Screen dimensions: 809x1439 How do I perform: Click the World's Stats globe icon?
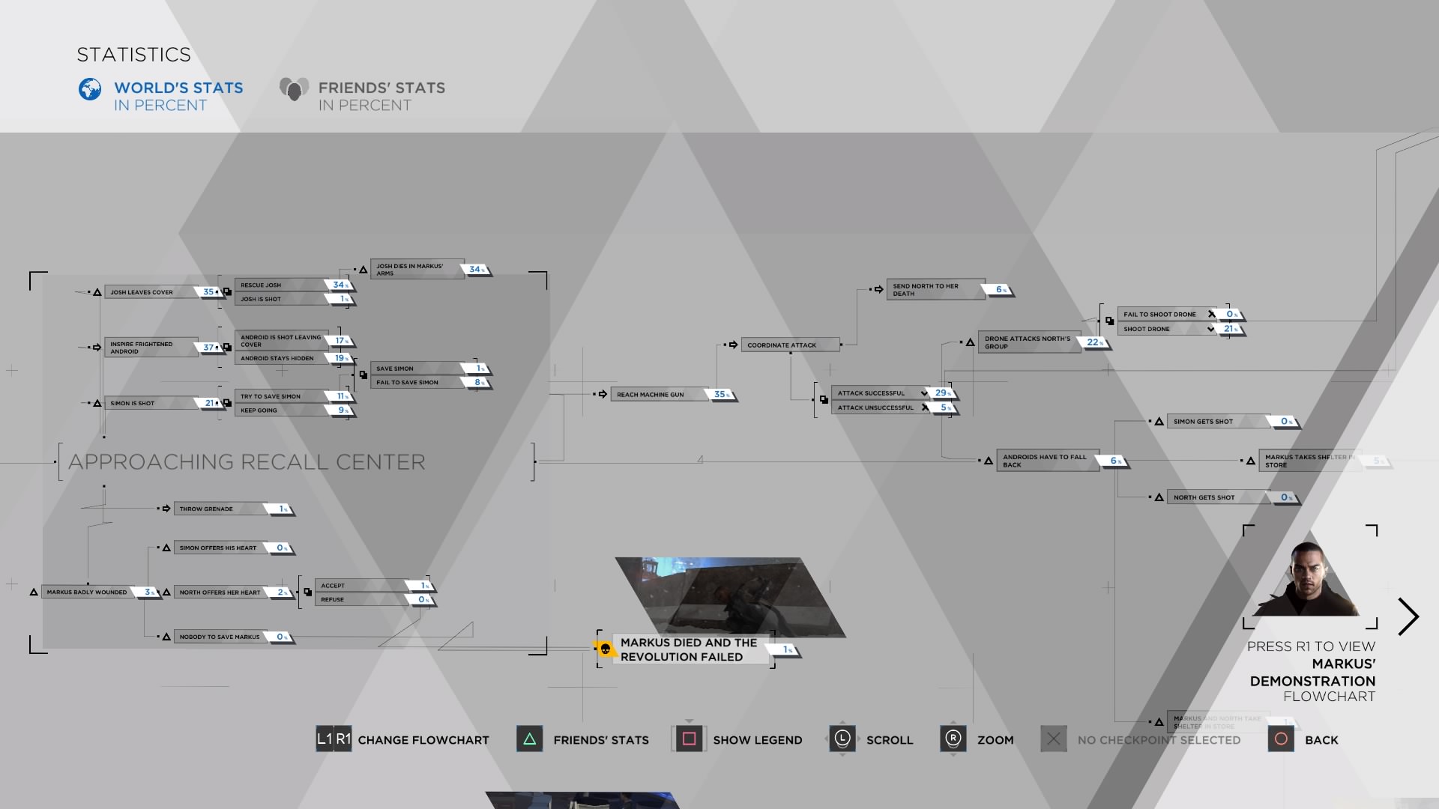click(x=90, y=89)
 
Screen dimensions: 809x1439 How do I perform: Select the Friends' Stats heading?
click(x=381, y=88)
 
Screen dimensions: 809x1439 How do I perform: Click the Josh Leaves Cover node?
click(x=150, y=292)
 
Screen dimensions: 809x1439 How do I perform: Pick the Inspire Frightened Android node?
click(x=150, y=348)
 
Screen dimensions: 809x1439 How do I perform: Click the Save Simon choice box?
click(x=416, y=369)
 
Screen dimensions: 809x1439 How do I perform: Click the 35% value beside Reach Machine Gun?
click(x=722, y=395)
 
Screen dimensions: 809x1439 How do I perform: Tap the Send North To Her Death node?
click(x=934, y=290)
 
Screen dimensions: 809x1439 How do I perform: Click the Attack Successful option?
click(x=877, y=393)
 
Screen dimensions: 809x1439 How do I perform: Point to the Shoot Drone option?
click(x=1162, y=329)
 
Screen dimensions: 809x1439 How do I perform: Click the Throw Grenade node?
click(x=217, y=509)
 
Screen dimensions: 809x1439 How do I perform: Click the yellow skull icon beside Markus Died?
click(x=606, y=649)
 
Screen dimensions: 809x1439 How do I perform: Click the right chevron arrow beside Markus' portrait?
click(x=1408, y=616)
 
